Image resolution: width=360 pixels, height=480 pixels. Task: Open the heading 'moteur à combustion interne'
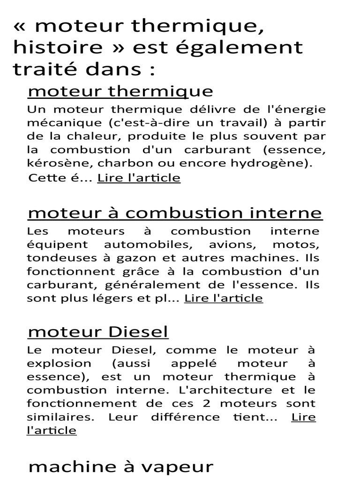(x=175, y=213)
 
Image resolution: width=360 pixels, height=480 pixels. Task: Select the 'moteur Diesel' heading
(x=98, y=332)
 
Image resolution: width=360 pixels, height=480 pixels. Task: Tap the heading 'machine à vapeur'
(x=121, y=466)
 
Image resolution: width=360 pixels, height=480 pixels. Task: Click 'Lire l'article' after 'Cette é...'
(x=139, y=178)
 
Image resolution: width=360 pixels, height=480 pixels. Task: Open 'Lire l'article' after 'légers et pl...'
(x=224, y=298)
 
